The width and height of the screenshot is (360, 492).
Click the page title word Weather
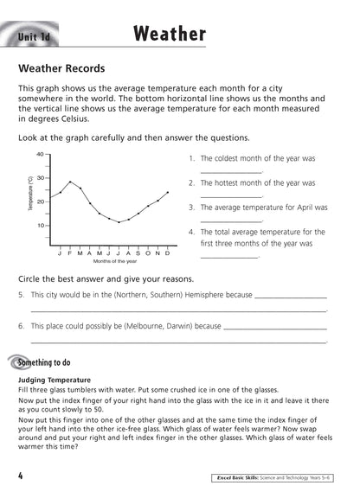pyautogui.click(x=170, y=34)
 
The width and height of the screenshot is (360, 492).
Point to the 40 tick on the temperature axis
pyautogui.click(x=40, y=155)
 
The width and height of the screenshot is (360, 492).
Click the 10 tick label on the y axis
pyautogui.click(x=40, y=226)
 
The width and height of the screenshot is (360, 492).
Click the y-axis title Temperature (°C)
pyautogui.click(x=29, y=195)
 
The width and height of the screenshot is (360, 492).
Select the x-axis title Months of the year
pyautogui.click(x=114, y=260)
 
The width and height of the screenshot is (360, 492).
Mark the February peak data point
pyautogui.click(x=70, y=182)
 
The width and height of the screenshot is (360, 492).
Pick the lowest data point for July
pyautogui.click(x=119, y=222)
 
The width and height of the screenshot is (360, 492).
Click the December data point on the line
pyautogui.click(x=167, y=193)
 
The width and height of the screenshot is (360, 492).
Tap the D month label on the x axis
pyautogui.click(x=167, y=252)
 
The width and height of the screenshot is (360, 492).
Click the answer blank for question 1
pyautogui.click(x=230, y=172)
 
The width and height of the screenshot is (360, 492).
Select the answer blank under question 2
pyautogui.click(x=230, y=196)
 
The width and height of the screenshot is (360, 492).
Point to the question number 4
pyautogui.click(x=191, y=232)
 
